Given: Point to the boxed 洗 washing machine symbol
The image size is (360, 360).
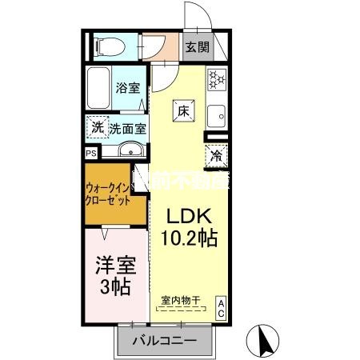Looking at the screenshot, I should (x=96, y=127).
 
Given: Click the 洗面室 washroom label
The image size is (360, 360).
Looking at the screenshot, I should (x=127, y=128).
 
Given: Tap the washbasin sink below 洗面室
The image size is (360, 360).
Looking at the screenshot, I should (x=129, y=150).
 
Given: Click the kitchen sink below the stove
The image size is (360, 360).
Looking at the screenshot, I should (x=216, y=118).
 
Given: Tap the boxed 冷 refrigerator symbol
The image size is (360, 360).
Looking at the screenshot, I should (x=216, y=157).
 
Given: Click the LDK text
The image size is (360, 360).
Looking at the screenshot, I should (x=189, y=216).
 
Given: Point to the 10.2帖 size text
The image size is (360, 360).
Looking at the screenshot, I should (x=189, y=238).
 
